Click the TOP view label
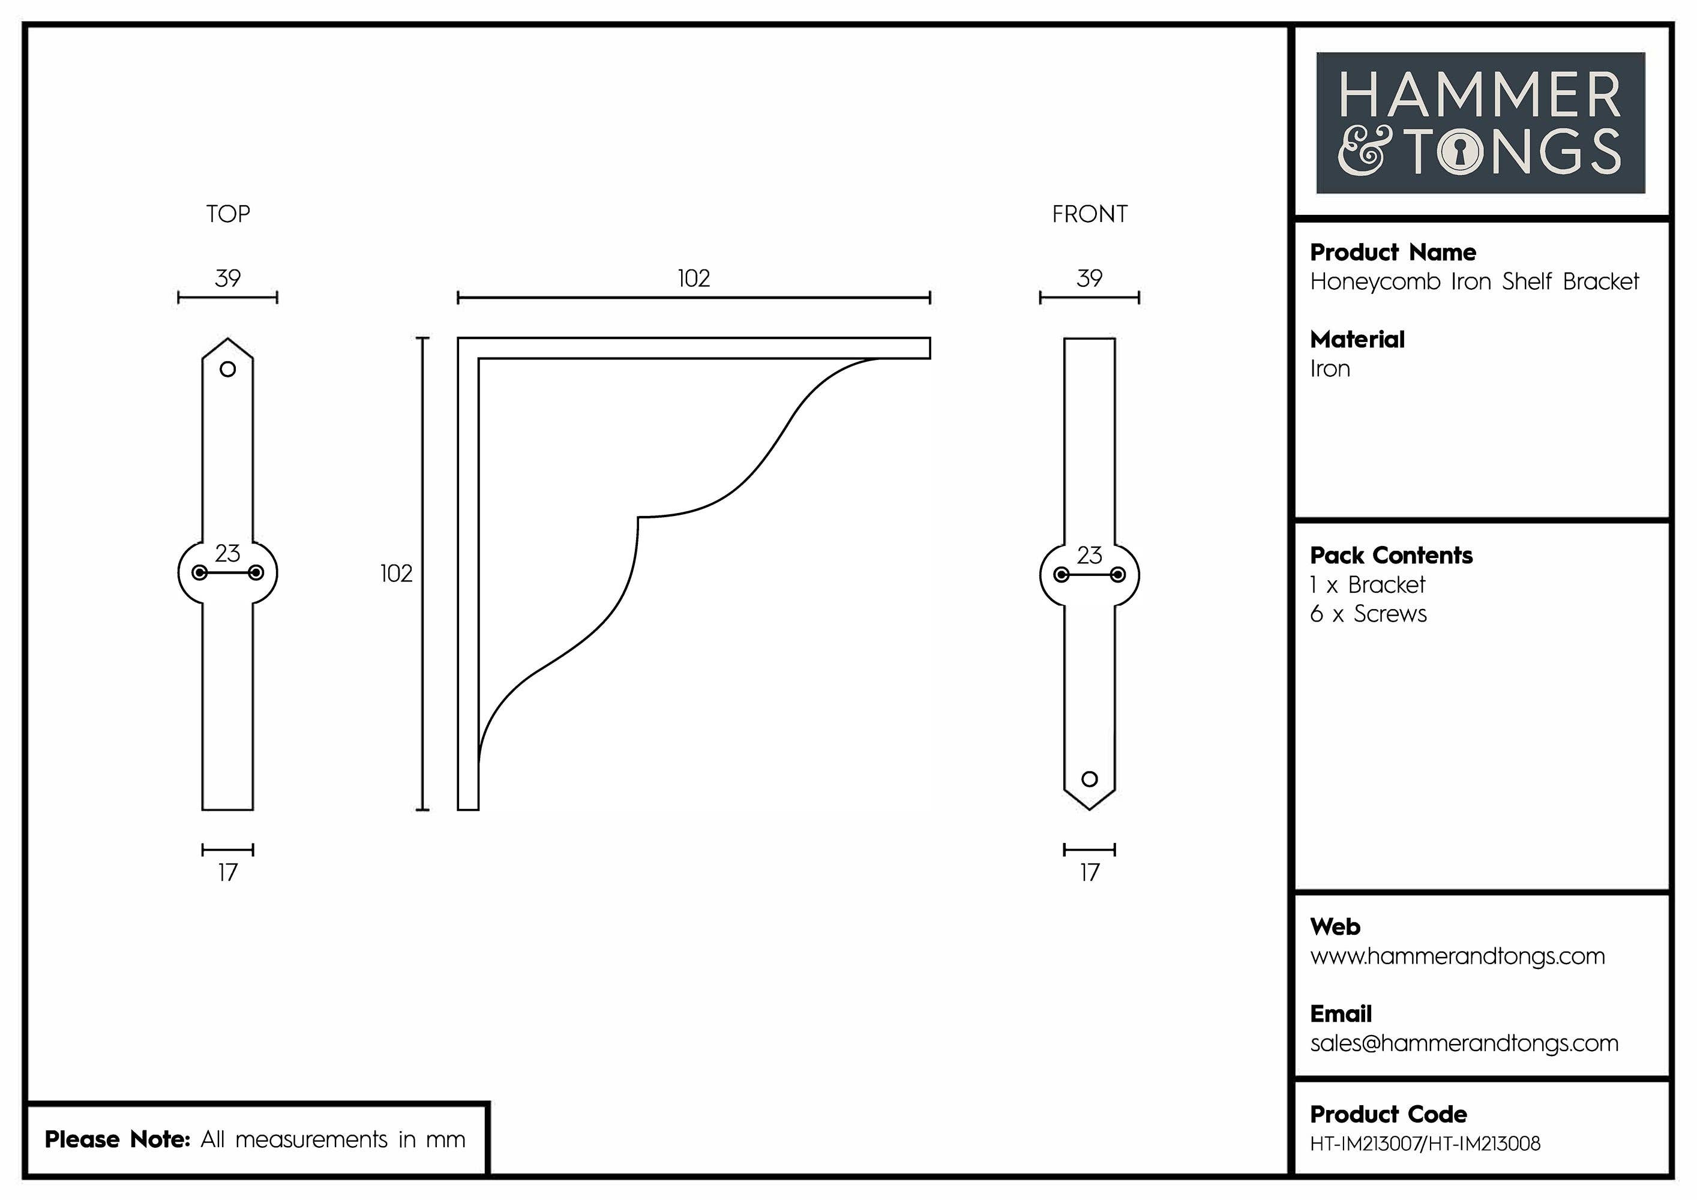click(227, 214)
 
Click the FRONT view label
click(1090, 214)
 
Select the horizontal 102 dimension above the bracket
click(693, 278)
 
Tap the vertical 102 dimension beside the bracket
click(396, 574)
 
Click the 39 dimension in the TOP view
click(227, 278)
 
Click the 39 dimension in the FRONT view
click(1090, 278)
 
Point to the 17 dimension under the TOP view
click(227, 872)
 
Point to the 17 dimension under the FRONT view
click(1090, 872)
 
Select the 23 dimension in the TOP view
click(227, 553)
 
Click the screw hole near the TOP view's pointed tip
click(227, 369)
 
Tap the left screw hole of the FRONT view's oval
click(1062, 575)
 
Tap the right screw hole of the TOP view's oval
click(256, 572)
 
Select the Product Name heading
click(1393, 253)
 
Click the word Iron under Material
click(1330, 369)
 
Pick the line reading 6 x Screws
click(1368, 614)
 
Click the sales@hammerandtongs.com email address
click(1464, 1043)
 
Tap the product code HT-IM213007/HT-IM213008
click(1425, 1144)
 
